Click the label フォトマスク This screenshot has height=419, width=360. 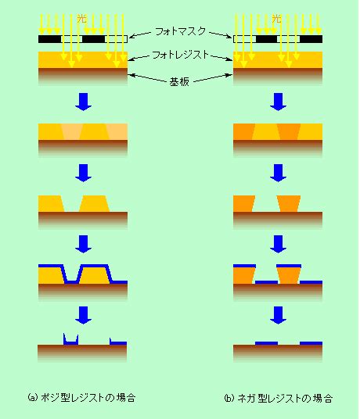(x=180, y=31)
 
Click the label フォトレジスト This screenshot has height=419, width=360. (x=180, y=55)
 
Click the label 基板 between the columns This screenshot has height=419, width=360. (x=179, y=81)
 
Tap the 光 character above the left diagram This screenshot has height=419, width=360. (x=82, y=19)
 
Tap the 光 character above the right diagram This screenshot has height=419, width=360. (x=277, y=19)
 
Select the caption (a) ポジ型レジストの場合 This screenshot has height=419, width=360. (x=81, y=397)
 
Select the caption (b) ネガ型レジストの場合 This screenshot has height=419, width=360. (x=278, y=398)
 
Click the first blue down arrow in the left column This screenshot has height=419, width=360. (x=84, y=102)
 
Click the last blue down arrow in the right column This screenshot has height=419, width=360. (x=278, y=315)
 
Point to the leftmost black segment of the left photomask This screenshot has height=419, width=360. (x=50, y=39)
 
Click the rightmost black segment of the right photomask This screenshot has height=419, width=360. (x=311, y=39)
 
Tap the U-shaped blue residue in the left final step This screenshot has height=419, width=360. (x=71, y=339)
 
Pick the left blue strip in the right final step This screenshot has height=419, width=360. (x=266, y=343)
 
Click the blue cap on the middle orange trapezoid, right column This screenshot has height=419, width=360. (x=289, y=266)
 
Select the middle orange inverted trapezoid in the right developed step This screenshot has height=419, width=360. (x=289, y=203)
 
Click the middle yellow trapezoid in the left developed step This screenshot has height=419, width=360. (x=95, y=203)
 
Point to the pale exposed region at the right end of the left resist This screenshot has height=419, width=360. (x=117, y=131)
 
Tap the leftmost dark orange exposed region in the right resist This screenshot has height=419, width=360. (x=243, y=131)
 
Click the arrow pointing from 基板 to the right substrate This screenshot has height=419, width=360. (x=213, y=77)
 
